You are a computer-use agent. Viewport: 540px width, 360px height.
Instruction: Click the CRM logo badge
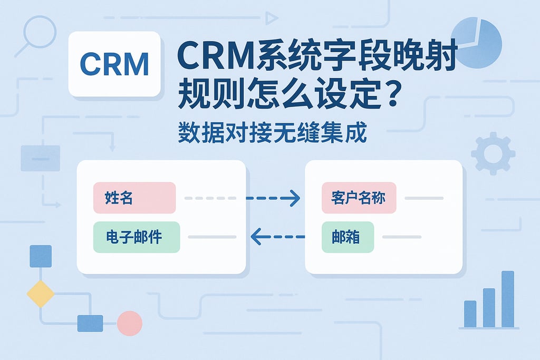click(x=114, y=64)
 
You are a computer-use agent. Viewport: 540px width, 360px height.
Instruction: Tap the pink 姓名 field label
click(x=134, y=198)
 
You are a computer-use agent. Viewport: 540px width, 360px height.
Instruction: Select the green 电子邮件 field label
click(x=137, y=237)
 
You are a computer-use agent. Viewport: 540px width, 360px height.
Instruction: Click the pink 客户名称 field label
click(x=359, y=198)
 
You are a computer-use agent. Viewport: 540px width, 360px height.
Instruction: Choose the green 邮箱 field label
click(x=348, y=237)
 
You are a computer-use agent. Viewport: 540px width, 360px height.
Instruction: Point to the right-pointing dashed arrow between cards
click(x=273, y=198)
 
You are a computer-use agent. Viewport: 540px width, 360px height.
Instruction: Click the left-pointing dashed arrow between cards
click(x=277, y=237)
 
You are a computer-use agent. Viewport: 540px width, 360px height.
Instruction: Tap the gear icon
click(x=493, y=153)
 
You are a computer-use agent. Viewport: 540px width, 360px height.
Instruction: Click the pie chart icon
click(x=476, y=42)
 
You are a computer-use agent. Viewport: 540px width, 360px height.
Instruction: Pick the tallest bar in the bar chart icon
click(x=507, y=299)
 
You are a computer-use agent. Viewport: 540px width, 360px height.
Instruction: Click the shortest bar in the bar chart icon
click(x=470, y=314)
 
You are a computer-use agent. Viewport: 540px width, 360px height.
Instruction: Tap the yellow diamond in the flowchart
click(x=41, y=294)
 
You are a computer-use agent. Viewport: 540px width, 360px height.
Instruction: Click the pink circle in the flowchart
click(x=129, y=323)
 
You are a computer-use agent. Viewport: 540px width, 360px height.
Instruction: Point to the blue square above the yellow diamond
click(x=41, y=256)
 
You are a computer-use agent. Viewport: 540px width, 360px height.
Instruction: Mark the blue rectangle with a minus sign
click(x=41, y=158)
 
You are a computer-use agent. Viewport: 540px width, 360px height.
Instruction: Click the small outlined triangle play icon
click(x=272, y=19)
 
